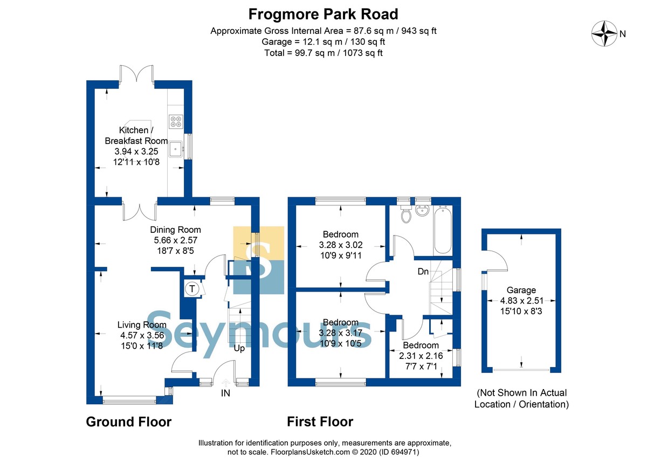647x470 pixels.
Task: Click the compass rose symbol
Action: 604,33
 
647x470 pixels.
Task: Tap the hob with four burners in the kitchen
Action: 176,121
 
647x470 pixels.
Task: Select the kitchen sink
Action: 176,149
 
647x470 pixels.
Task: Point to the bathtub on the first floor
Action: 443,230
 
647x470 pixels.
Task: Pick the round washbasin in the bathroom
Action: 423,210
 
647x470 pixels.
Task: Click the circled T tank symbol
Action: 192,288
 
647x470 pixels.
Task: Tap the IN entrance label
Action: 225,393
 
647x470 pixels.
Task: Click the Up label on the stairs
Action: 239,349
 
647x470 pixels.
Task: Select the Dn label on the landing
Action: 423,271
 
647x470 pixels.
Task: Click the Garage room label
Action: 521,290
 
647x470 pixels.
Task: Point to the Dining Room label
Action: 175,230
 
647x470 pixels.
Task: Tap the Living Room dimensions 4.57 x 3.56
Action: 142,335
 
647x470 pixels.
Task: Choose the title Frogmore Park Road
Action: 323,14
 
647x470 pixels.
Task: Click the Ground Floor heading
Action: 128,422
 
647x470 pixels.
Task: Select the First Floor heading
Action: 320,422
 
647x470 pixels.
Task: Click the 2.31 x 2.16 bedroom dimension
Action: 421,356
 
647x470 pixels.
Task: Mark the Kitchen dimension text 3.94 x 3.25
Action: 136,151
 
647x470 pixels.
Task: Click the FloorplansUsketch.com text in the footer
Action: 310,452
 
